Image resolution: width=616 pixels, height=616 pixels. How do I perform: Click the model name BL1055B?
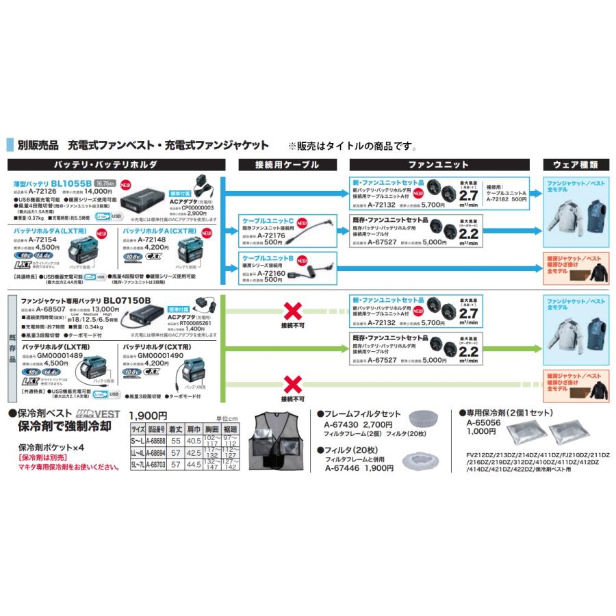click(73, 183)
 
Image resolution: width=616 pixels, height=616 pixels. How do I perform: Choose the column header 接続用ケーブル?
click(286, 165)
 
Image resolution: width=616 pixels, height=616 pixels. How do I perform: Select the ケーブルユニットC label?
click(268, 222)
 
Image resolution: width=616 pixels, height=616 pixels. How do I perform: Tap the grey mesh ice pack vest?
click(279, 441)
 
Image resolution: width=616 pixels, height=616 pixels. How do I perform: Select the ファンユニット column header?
click(439, 165)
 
